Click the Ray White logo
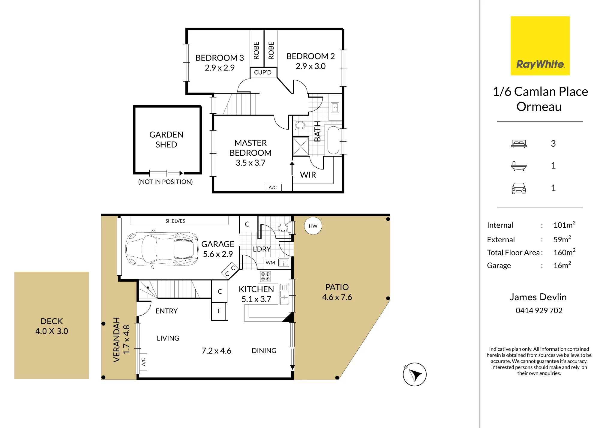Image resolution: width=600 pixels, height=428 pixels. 540,46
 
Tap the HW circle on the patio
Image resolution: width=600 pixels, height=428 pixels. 313,226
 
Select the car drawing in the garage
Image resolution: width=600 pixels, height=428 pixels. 162,249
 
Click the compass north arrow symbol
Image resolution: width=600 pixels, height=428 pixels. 415,374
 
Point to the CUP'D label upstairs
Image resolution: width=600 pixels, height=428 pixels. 263,72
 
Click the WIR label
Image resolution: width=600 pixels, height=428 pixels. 308,175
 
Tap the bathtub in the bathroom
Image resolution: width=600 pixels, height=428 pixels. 333,140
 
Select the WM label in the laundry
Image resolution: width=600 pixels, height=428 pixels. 270,263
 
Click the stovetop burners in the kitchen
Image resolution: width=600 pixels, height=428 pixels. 265,276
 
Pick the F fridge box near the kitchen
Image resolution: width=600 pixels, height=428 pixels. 219,311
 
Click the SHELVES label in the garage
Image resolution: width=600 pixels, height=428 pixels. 175,221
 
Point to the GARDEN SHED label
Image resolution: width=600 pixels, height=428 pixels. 166,139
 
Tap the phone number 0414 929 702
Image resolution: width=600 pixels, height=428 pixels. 539,310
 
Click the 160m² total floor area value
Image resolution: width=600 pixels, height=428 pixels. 564,252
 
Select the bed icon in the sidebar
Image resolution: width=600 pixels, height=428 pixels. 519,144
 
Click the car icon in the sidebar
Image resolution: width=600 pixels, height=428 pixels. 519,188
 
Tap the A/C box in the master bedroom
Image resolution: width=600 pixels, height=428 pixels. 273,187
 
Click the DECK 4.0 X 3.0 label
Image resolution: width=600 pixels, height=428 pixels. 52,326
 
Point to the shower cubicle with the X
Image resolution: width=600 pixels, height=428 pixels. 301,146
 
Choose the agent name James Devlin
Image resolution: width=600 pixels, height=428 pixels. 538,297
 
